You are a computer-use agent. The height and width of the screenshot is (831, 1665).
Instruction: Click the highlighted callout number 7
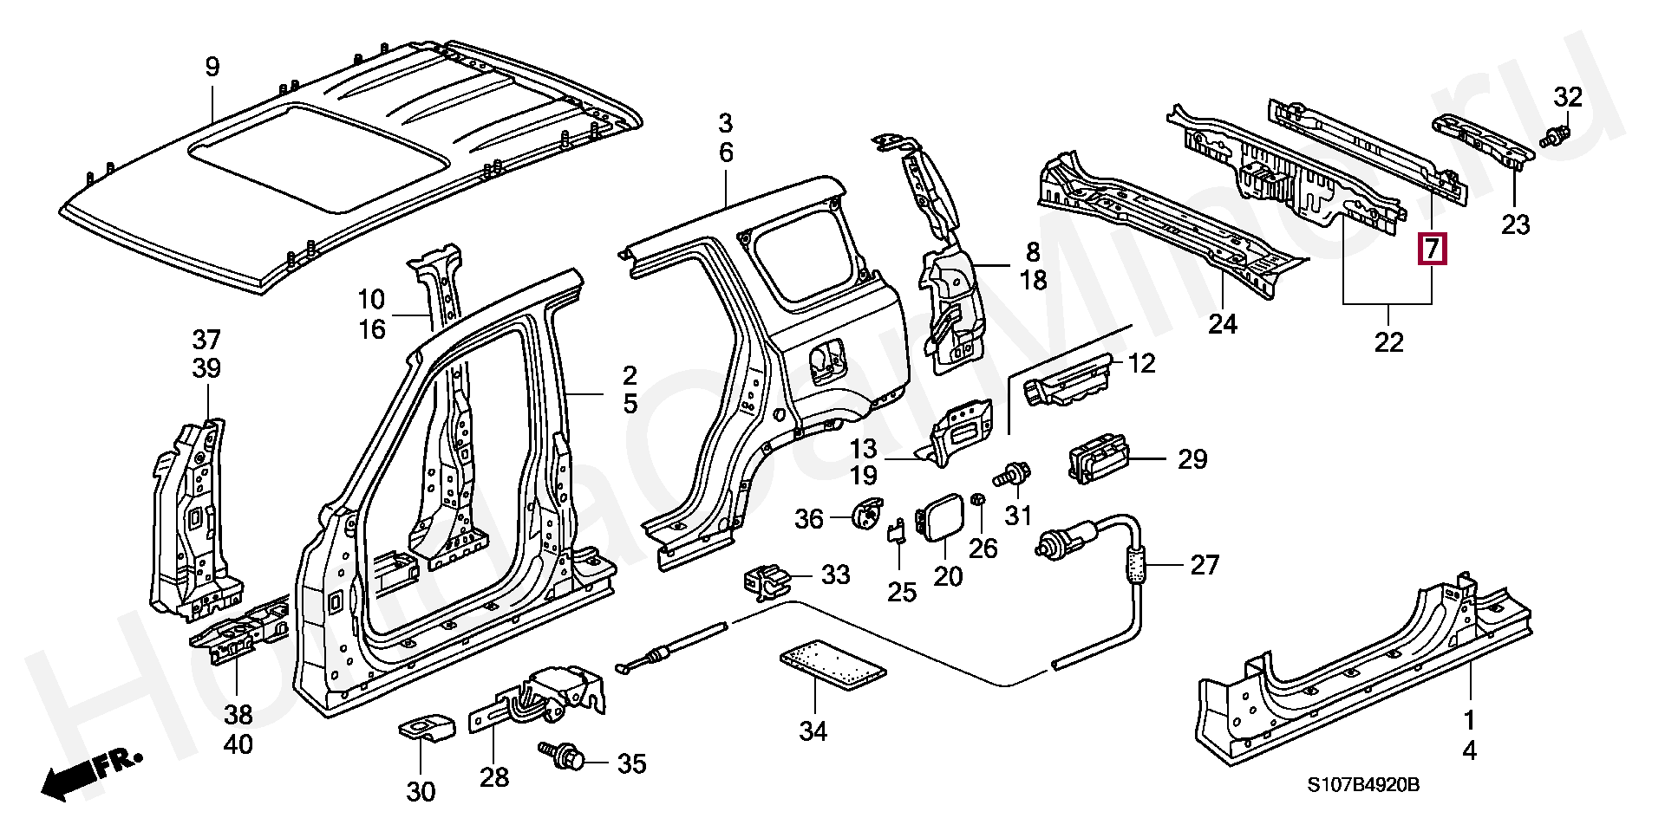pos(1431,250)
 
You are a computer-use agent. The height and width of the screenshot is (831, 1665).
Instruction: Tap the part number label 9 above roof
pos(212,67)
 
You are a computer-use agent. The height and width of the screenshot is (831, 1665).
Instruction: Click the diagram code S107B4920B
pos(1363,785)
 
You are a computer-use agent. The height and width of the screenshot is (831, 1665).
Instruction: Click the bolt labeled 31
pos(1011,475)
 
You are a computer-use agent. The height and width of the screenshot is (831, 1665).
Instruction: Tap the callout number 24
pos(1223,324)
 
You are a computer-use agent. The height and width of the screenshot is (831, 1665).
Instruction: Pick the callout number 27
pos(1205,565)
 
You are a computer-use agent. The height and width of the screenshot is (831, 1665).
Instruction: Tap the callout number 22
pos(1388,342)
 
